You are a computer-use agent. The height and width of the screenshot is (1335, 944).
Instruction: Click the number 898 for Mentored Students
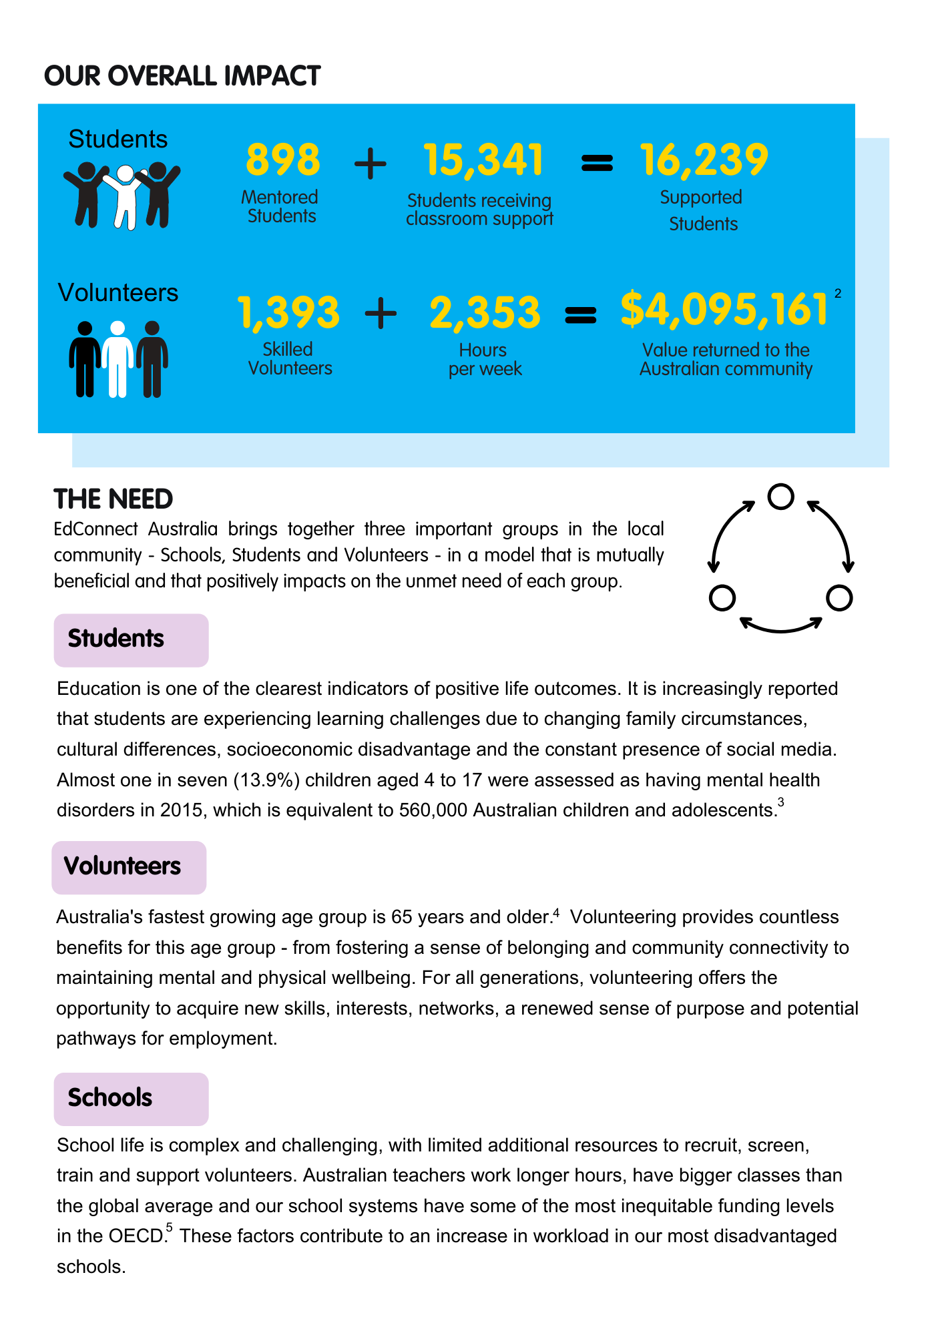pyautogui.click(x=283, y=160)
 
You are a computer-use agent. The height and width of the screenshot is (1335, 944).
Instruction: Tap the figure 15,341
pyautogui.click(x=483, y=160)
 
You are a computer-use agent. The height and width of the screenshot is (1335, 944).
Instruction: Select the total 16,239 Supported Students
pyautogui.click(x=704, y=160)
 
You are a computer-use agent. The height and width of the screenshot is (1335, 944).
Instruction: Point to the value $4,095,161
pyautogui.click(x=724, y=310)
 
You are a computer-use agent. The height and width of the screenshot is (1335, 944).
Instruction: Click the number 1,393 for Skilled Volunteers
pyautogui.click(x=288, y=312)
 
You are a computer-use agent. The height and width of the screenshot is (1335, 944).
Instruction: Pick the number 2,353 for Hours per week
pyautogui.click(x=485, y=312)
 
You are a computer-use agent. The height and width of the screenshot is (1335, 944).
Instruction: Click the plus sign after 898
pyautogui.click(x=370, y=164)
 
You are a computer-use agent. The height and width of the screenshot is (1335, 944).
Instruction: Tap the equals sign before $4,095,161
pyautogui.click(x=580, y=314)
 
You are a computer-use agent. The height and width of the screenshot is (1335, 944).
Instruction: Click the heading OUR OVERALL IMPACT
pyautogui.click(x=182, y=76)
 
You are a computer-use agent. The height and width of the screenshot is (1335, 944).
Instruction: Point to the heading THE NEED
pyautogui.click(x=113, y=499)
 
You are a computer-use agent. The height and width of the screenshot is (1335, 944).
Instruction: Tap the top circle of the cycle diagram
pyautogui.click(x=780, y=496)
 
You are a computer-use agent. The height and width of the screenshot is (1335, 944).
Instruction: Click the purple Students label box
pyautogui.click(x=131, y=639)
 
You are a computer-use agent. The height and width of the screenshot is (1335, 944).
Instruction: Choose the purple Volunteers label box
pyautogui.click(x=129, y=867)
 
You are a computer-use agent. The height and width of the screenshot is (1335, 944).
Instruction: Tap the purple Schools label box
pyautogui.click(x=131, y=1099)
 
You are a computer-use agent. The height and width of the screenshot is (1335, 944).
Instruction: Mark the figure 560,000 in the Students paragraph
pyautogui.click(x=433, y=810)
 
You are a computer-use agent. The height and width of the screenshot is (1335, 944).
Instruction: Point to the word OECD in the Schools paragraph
pyautogui.click(x=137, y=1236)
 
